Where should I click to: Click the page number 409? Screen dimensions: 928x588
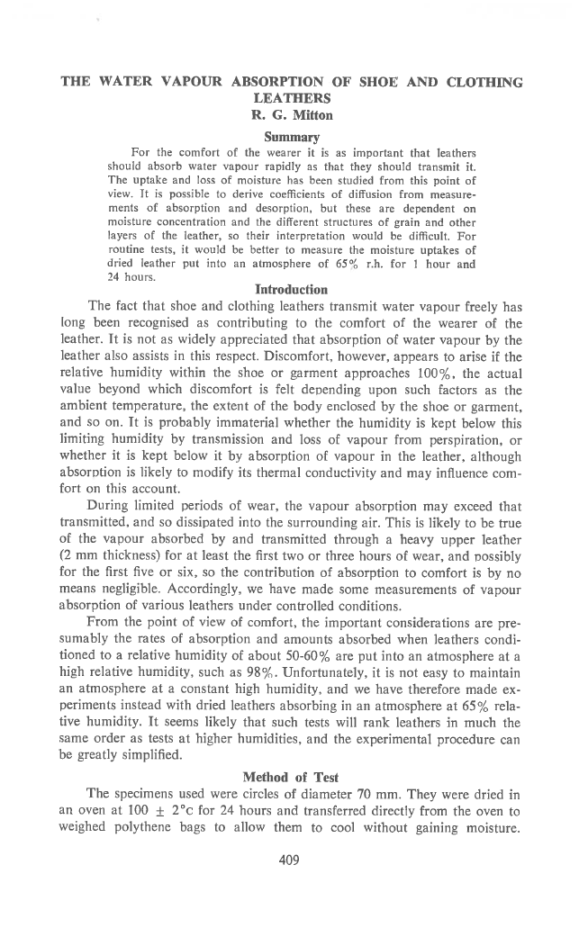tap(288, 860)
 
